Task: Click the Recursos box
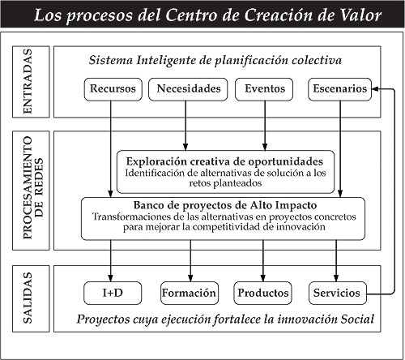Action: [113, 89]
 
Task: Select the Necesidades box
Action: [188, 89]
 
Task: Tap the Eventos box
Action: [264, 89]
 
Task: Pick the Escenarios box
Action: [339, 89]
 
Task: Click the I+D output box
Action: [113, 293]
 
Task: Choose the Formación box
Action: [190, 293]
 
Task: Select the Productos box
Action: [262, 293]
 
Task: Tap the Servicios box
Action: [338, 293]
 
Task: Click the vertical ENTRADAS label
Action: [28, 82]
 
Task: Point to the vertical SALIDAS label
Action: [28, 298]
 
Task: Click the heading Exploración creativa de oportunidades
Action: [224, 161]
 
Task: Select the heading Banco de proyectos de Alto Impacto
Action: [225, 205]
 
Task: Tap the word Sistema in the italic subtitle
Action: [111, 60]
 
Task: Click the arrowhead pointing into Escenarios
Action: [375, 89]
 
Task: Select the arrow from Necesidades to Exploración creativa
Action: [185, 126]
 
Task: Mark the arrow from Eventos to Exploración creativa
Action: [265, 126]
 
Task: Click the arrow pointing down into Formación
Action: [190, 261]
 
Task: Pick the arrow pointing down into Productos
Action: [263, 261]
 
